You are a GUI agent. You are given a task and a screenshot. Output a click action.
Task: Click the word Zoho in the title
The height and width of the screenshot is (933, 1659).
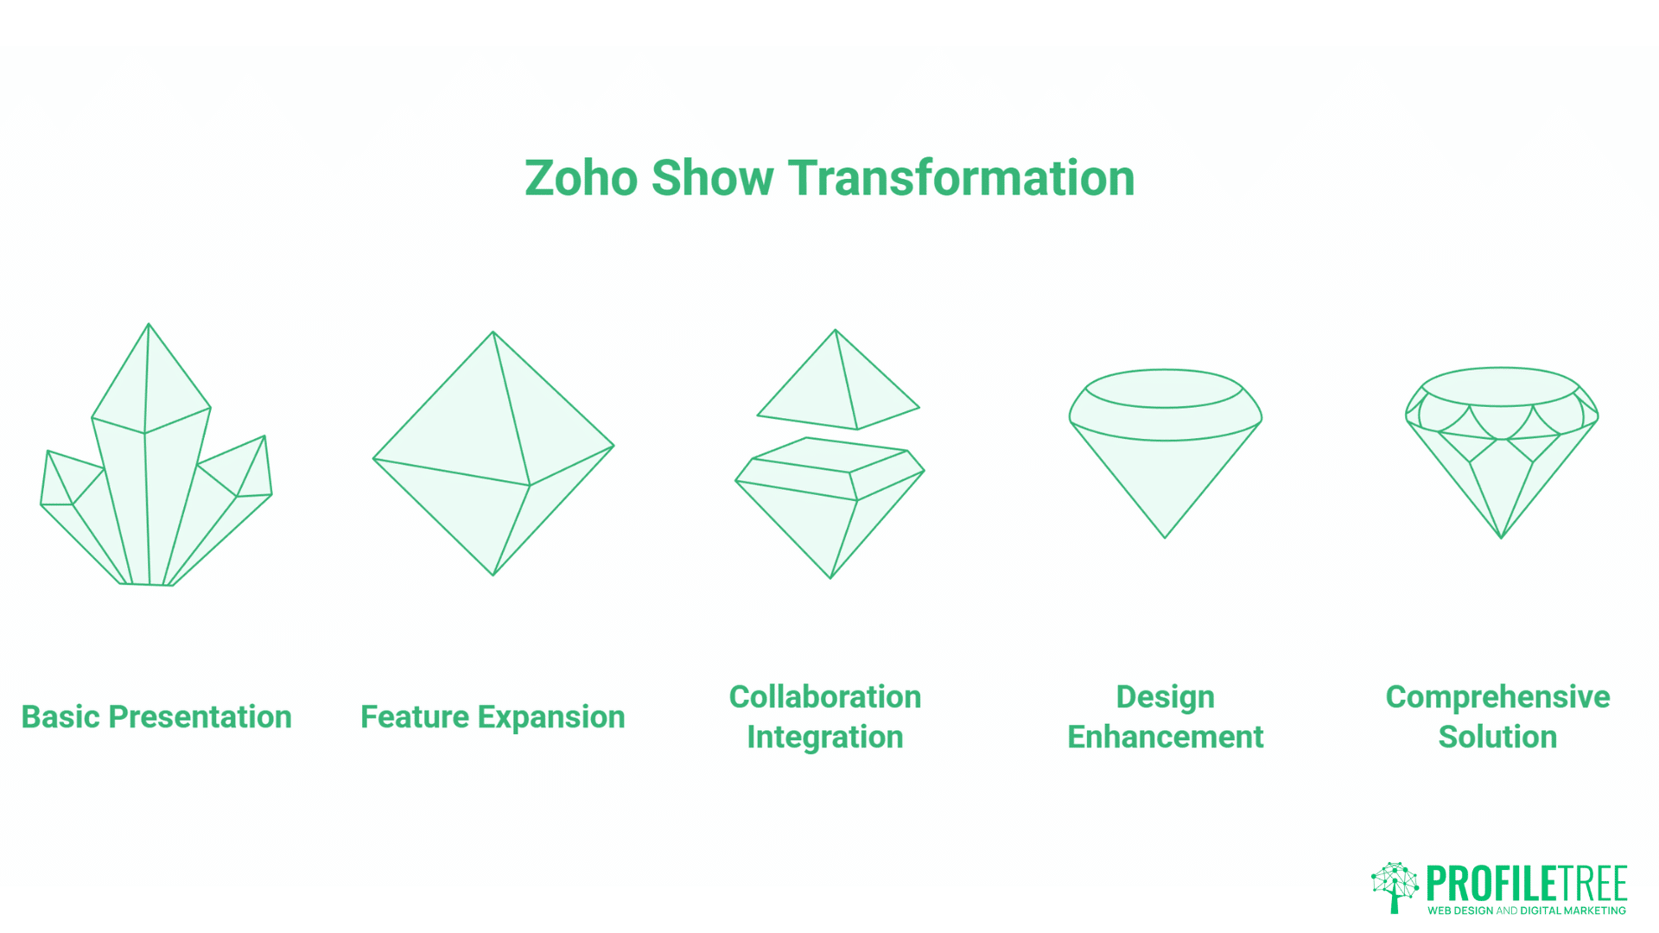point(581,179)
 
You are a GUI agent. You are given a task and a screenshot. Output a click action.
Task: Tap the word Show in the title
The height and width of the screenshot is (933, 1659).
point(712,179)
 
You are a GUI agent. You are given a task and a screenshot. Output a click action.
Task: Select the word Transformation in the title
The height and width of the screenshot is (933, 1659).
point(961,179)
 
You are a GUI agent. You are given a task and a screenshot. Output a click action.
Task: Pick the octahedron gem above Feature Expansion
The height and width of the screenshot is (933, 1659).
point(493,454)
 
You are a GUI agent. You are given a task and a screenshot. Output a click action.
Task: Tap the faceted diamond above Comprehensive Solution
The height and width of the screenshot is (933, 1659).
point(1501,449)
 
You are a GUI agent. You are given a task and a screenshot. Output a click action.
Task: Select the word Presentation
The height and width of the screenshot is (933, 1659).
point(200,717)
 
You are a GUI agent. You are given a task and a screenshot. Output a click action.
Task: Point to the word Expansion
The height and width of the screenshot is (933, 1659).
point(551,717)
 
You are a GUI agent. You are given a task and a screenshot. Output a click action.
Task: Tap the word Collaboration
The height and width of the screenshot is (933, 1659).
point(825,697)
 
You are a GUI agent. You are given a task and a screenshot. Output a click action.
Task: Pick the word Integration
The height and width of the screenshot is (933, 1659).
point(825,737)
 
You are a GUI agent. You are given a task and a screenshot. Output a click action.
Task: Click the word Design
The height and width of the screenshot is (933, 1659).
point(1165,697)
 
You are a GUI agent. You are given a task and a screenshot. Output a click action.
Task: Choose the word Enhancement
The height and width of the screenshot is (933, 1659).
point(1165,737)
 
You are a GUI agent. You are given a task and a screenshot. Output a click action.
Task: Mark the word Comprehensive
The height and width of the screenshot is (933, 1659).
point(1497,697)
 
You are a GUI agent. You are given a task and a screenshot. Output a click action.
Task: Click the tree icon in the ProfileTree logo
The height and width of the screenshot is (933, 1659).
point(1395,886)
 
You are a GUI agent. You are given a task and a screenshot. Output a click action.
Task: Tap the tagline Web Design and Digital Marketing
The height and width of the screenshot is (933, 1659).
point(1526,911)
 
